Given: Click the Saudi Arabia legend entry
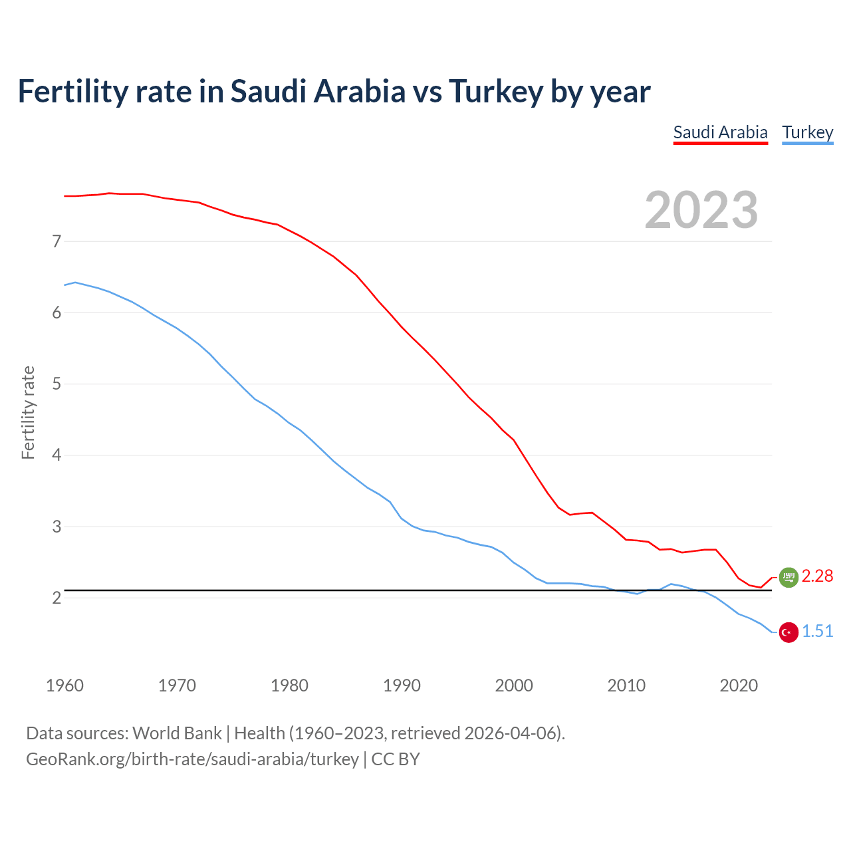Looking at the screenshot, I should [720, 132].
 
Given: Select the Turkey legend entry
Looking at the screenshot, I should [807, 132].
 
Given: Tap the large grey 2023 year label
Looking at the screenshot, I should [701, 210].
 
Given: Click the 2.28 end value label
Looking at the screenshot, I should [817, 576].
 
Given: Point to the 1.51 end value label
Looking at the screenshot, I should [817, 631].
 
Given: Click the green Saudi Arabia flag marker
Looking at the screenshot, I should [789, 577].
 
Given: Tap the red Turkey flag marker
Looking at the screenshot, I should [789, 632].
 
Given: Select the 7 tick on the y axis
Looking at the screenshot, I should [57, 241].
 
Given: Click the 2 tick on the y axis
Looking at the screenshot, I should [57, 598].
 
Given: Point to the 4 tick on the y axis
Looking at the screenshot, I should [57, 455].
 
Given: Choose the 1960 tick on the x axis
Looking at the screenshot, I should [64, 685].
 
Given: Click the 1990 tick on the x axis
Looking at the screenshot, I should [402, 685].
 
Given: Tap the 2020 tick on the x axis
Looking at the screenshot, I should [739, 685].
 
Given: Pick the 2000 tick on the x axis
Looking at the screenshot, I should [514, 685].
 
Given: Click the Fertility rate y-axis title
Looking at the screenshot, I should [28, 412].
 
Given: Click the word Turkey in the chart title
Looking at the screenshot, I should [495, 92].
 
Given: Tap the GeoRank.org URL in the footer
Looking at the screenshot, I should [192, 759].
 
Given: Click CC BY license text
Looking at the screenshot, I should [396, 759].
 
